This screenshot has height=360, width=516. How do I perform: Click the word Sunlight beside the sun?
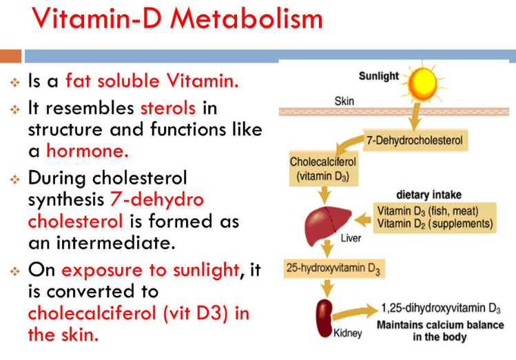pyautogui.click(x=378, y=76)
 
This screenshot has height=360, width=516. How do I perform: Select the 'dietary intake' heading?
pyautogui.click(x=429, y=195)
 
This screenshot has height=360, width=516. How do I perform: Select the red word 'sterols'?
pyautogui.click(x=168, y=108)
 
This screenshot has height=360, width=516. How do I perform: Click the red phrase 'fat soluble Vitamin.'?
pyautogui.click(x=152, y=81)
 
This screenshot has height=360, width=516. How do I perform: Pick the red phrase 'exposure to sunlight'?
pyautogui.click(x=149, y=270)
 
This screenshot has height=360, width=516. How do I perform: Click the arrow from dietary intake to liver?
pyautogui.click(x=363, y=220)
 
